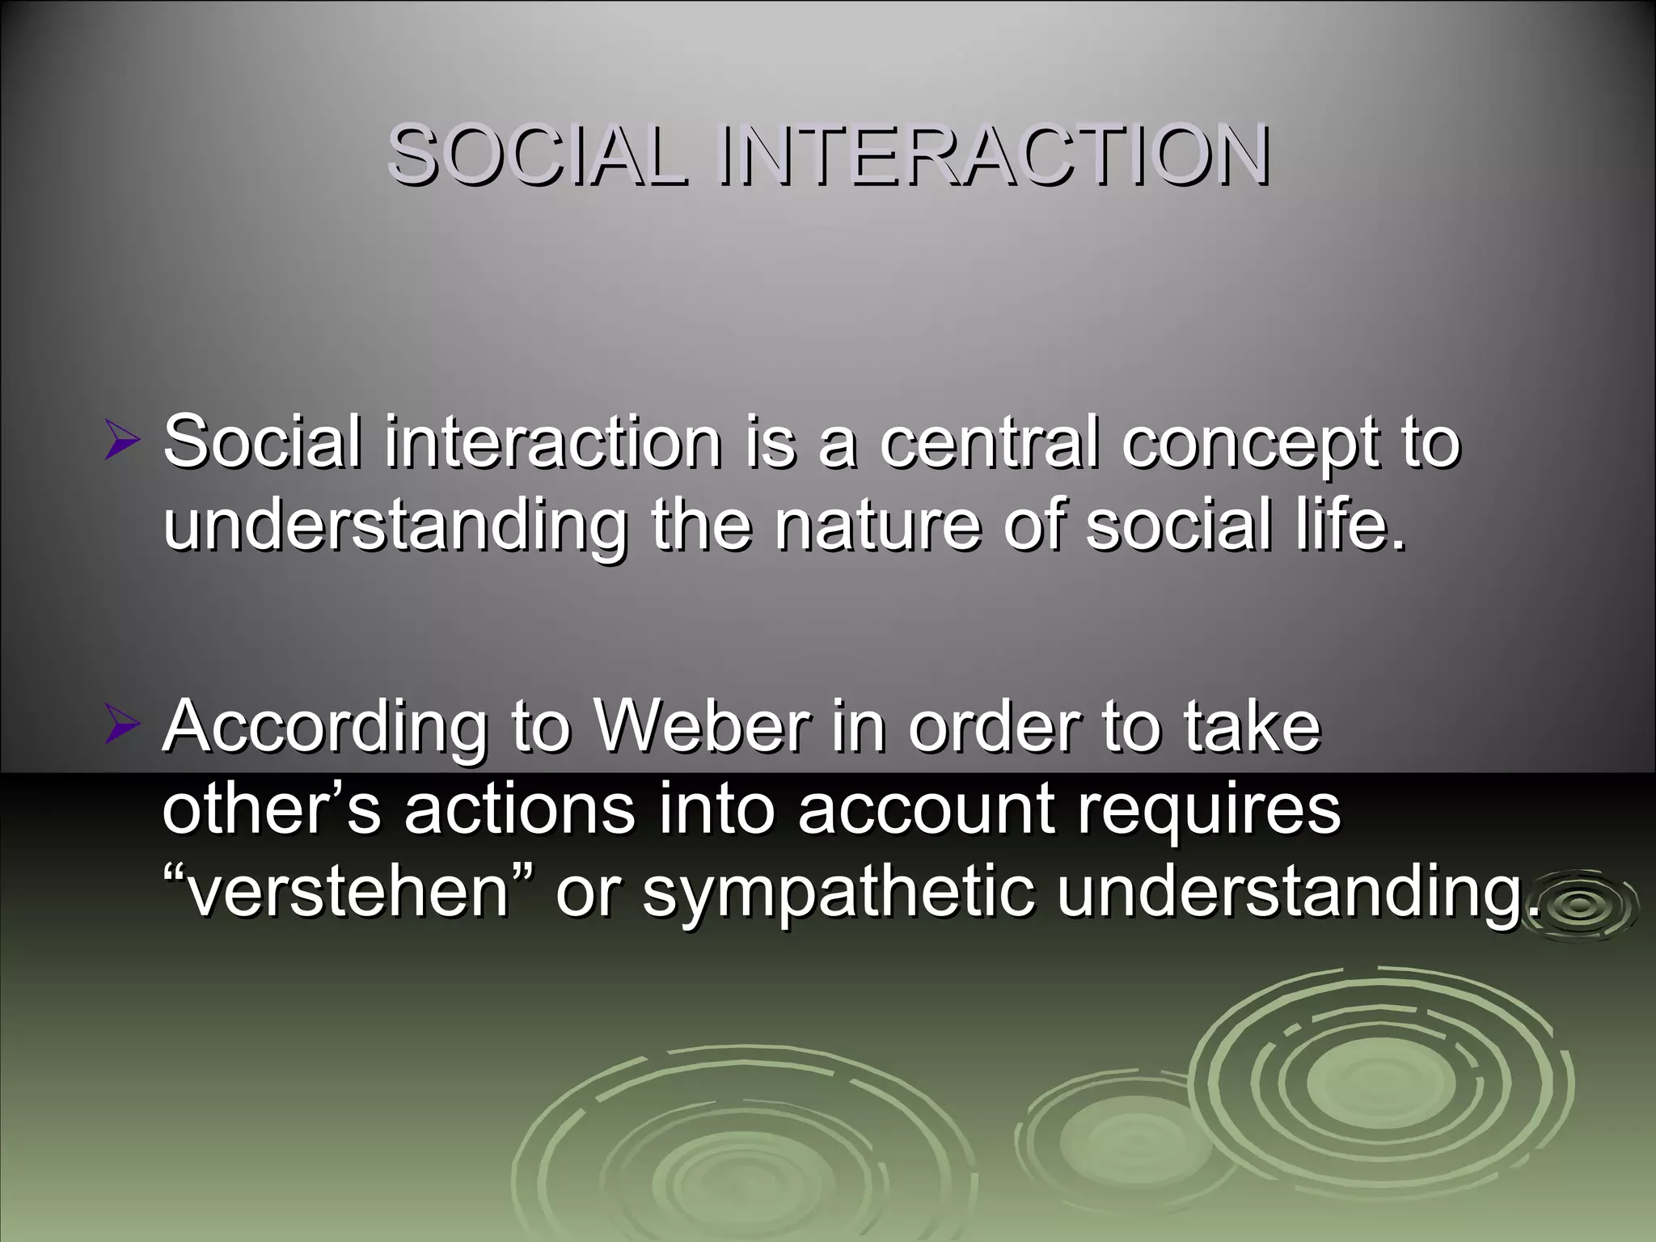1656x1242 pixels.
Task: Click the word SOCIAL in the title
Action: coord(538,155)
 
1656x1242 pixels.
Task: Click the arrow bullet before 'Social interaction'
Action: coord(122,444)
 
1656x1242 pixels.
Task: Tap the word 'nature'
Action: coord(877,526)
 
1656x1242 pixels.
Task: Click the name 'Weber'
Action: coord(702,724)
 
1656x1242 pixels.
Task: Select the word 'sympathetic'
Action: coord(837,894)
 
